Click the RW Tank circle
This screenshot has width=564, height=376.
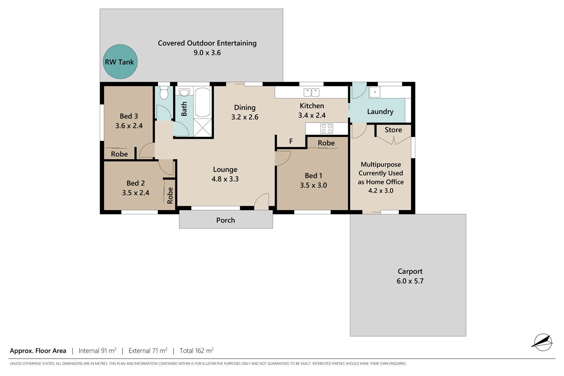120,62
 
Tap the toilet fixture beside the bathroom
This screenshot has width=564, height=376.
164,92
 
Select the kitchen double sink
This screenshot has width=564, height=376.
311,92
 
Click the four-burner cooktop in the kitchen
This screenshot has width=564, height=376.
327,129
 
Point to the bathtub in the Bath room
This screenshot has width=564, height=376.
202,102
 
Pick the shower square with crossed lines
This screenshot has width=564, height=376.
203,128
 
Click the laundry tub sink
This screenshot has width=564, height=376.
374,92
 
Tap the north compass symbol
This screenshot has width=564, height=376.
543,342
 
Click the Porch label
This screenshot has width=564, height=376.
225,220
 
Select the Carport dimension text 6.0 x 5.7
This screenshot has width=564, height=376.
410,281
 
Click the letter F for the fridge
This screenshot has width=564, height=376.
291,141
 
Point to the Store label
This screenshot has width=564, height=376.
393,130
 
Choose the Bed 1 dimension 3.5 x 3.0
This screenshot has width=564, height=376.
313,185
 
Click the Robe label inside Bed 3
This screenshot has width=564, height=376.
119,154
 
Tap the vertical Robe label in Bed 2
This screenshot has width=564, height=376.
170,196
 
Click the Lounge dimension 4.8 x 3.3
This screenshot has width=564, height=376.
225,179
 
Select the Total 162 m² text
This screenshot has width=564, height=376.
197,350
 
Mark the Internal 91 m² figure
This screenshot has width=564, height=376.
97,350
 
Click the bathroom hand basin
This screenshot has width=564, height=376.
185,92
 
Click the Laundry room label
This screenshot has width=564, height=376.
380,112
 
